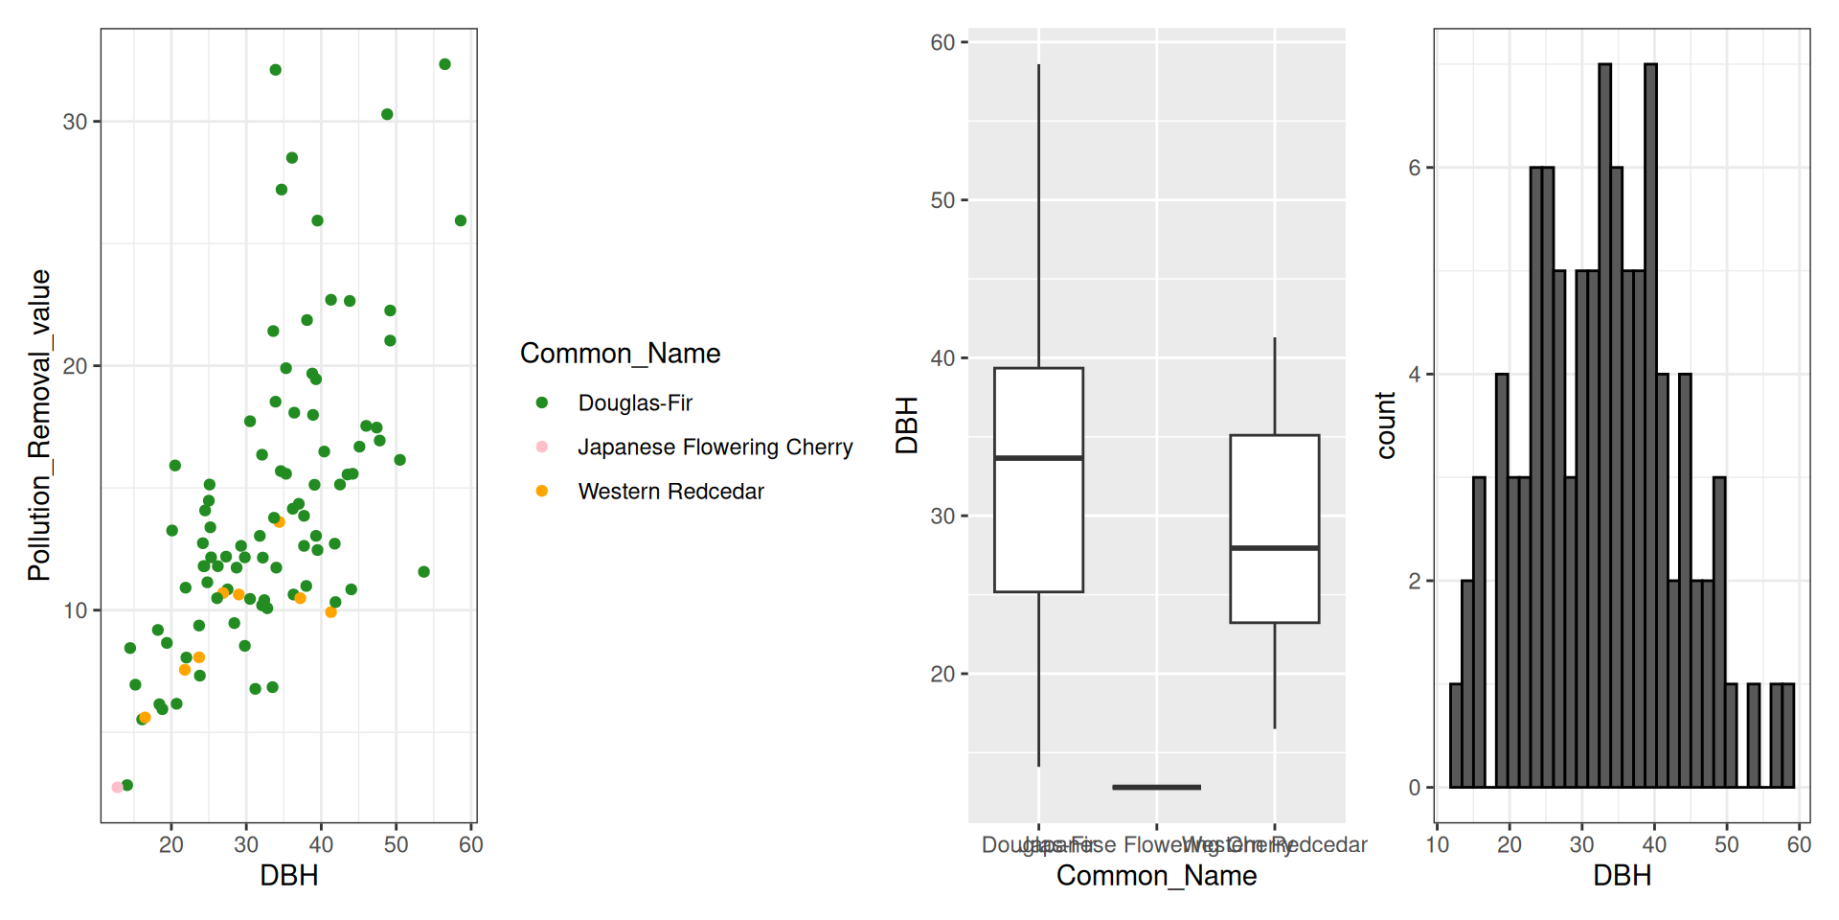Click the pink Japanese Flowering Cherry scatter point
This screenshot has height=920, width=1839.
(x=117, y=787)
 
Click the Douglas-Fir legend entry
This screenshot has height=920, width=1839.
(x=634, y=403)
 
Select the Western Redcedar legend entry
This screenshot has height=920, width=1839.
(x=670, y=492)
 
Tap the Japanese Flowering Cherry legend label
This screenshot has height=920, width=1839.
(x=715, y=448)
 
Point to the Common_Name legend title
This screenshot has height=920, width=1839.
(x=620, y=354)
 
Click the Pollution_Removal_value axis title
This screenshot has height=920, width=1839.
(x=39, y=425)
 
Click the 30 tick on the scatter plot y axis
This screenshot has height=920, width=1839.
(x=75, y=122)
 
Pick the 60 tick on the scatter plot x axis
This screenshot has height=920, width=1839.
(x=470, y=844)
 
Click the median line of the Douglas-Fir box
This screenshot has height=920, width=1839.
(x=1038, y=458)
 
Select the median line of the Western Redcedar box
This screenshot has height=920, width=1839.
(x=1274, y=548)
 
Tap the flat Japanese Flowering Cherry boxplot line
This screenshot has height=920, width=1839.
(x=1156, y=787)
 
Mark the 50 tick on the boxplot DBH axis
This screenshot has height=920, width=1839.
(x=942, y=200)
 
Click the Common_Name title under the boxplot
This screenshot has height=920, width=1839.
(x=1156, y=876)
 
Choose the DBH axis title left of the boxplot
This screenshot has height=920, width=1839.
(x=907, y=425)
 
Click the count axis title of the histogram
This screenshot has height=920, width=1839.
(x=1386, y=425)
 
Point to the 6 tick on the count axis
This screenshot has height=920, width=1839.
(x=1415, y=168)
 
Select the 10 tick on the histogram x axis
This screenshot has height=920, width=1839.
(x=1437, y=844)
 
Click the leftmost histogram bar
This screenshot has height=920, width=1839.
(x=1456, y=735)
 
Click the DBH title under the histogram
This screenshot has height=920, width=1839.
(x=1622, y=876)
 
